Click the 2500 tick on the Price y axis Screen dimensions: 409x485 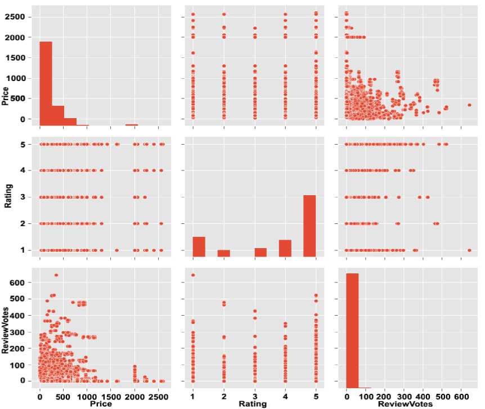pos(20,17)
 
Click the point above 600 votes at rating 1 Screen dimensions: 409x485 pos(193,275)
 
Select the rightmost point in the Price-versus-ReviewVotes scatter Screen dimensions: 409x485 pos(469,105)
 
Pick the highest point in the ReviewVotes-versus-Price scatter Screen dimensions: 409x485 pos(56,275)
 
